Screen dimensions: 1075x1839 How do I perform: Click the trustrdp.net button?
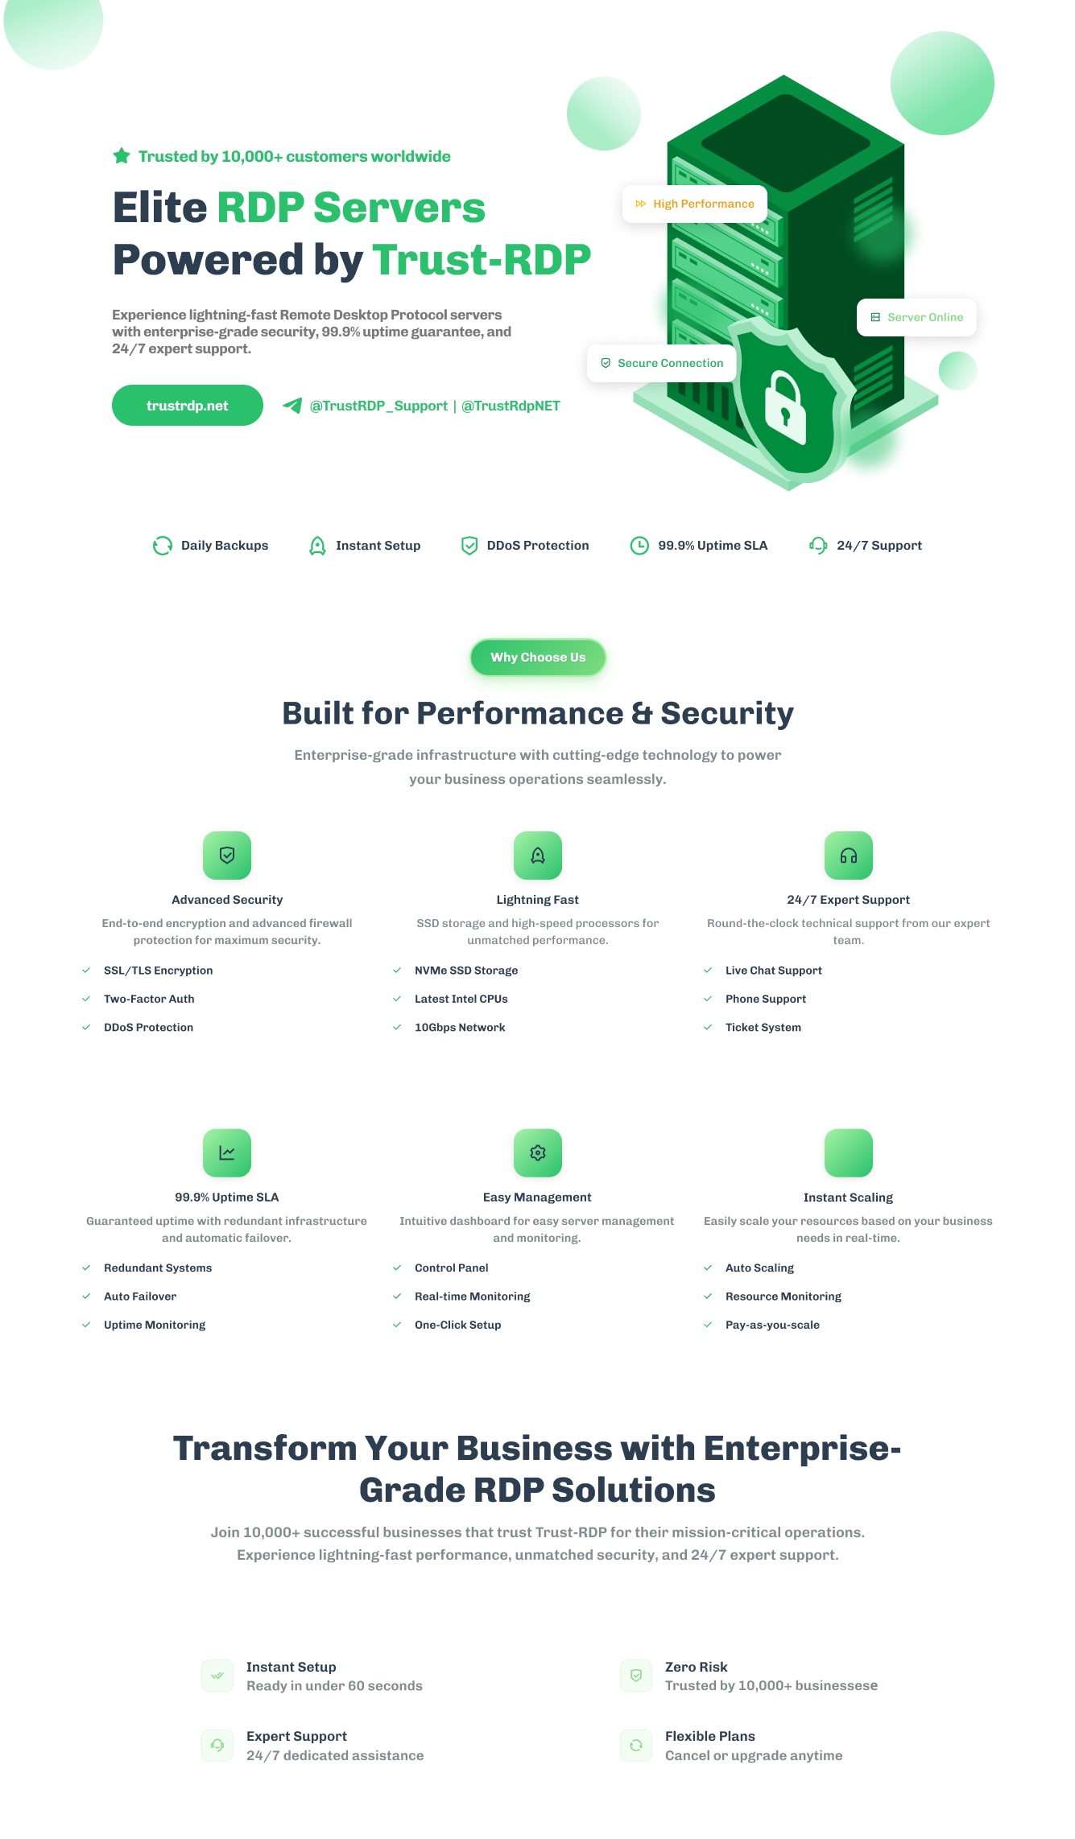click(x=188, y=406)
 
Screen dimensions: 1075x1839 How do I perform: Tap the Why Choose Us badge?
click(x=538, y=658)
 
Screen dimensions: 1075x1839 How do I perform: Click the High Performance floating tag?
click(x=695, y=204)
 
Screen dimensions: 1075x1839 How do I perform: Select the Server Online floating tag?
click(x=916, y=317)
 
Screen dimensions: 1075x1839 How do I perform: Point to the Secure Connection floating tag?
click(x=662, y=363)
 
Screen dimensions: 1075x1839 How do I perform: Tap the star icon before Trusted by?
click(x=122, y=156)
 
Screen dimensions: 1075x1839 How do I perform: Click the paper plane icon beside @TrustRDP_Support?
click(x=292, y=406)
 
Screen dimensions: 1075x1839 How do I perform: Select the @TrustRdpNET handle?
click(x=511, y=406)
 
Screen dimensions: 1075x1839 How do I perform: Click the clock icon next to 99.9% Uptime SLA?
click(x=639, y=546)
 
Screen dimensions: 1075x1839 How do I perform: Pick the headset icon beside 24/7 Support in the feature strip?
click(x=818, y=546)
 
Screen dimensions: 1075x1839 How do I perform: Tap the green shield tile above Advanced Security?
click(x=227, y=856)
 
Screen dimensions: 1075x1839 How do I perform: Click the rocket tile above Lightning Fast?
click(x=538, y=856)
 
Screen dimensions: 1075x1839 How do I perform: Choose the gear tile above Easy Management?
click(x=538, y=1153)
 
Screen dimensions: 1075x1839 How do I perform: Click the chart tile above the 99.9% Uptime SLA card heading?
click(x=227, y=1153)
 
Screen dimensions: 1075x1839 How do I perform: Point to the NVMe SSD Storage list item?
click(x=466, y=971)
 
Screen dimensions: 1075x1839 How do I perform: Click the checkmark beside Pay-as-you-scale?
click(x=708, y=1325)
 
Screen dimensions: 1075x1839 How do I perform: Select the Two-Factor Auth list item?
click(x=149, y=999)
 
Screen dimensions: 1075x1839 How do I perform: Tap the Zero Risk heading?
click(x=697, y=1667)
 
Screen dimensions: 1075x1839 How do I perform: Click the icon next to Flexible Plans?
click(x=636, y=1746)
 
